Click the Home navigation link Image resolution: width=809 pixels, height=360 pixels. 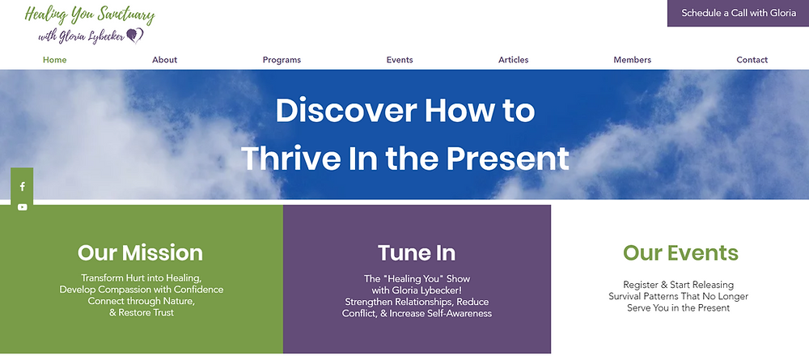click(x=55, y=60)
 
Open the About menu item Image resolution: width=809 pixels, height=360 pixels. click(x=164, y=60)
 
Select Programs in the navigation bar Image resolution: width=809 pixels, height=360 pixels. click(x=282, y=60)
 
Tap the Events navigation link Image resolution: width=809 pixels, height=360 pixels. click(x=400, y=60)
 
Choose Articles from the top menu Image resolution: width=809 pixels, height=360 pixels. click(x=514, y=60)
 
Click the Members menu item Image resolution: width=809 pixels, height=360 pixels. click(x=632, y=60)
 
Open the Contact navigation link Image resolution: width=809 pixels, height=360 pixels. click(x=752, y=60)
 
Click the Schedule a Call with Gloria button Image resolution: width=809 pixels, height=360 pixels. click(x=739, y=13)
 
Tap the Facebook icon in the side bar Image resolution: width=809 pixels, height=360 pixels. click(x=22, y=187)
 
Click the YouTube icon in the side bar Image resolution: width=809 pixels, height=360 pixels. click(x=22, y=207)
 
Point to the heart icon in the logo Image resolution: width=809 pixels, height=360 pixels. click(x=135, y=36)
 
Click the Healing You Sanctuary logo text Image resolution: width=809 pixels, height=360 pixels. click(x=90, y=15)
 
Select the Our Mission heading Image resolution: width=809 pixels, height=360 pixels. click(x=140, y=253)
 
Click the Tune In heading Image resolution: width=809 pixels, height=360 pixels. click(x=417, y=253)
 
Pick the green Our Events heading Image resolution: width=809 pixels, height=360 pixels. click(x=680, y=252)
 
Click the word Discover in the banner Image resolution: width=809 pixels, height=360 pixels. click(x=346, y=110)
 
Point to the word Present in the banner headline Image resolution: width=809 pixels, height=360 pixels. click(x=508, y=159)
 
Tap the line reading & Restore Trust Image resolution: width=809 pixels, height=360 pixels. click(x=142, y=312)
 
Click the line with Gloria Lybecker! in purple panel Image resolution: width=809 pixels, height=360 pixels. click(x=417, y=290)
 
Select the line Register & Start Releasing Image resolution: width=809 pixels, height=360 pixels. click(x=679, y=285)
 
